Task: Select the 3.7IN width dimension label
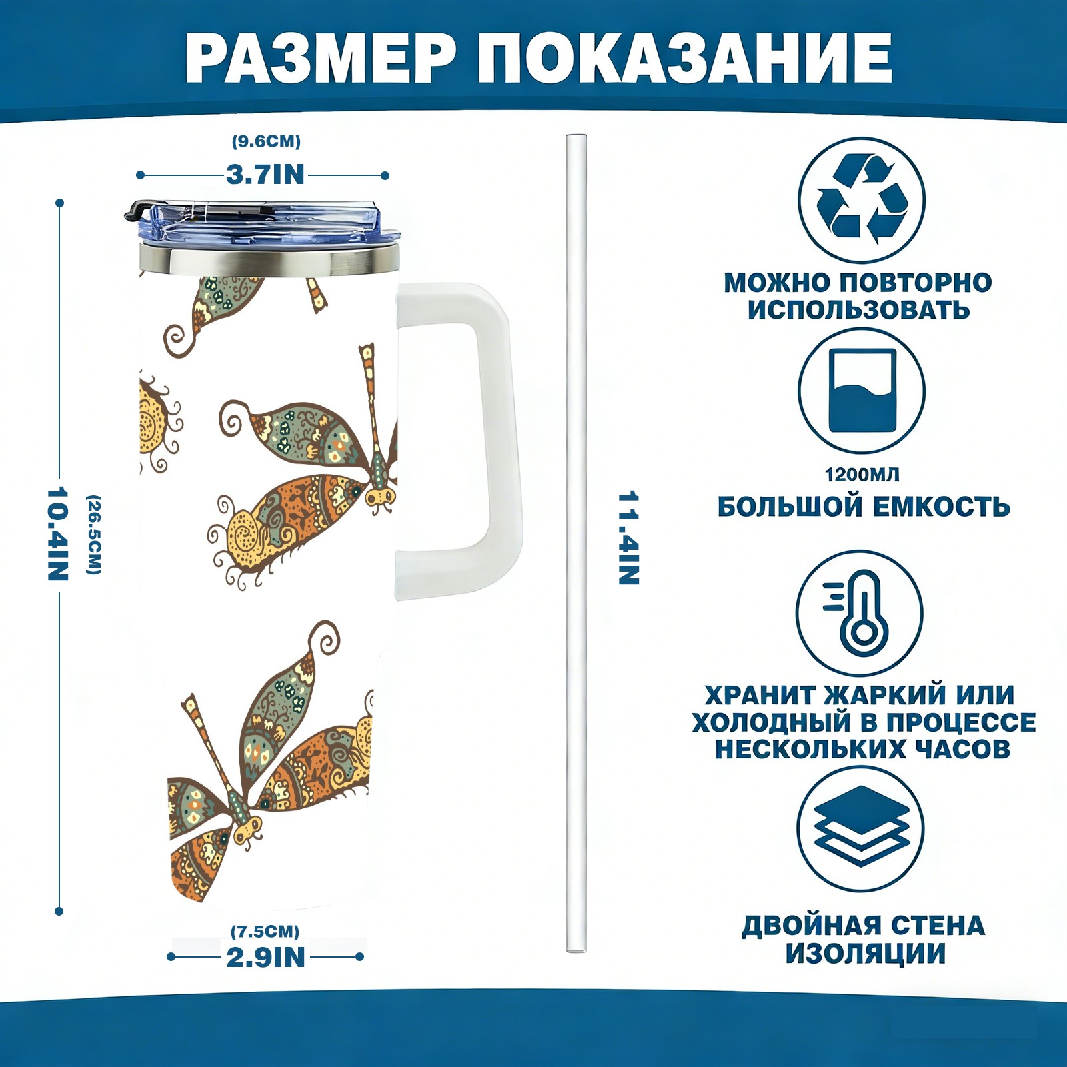(265, 175)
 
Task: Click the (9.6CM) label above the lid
(266, 141)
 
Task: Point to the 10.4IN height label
(58, 533)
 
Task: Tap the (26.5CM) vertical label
(94, 534)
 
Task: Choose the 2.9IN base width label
(265, 957)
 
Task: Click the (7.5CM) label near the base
(265, 931)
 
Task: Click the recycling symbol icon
(862, 200)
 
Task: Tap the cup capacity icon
(862, 391)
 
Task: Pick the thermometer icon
(860, 613)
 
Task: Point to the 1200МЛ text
(862, 475)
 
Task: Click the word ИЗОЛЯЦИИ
(865, 953)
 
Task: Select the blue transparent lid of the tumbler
(263, 223)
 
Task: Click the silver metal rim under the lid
(269, 260)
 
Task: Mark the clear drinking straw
(576, 544)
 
